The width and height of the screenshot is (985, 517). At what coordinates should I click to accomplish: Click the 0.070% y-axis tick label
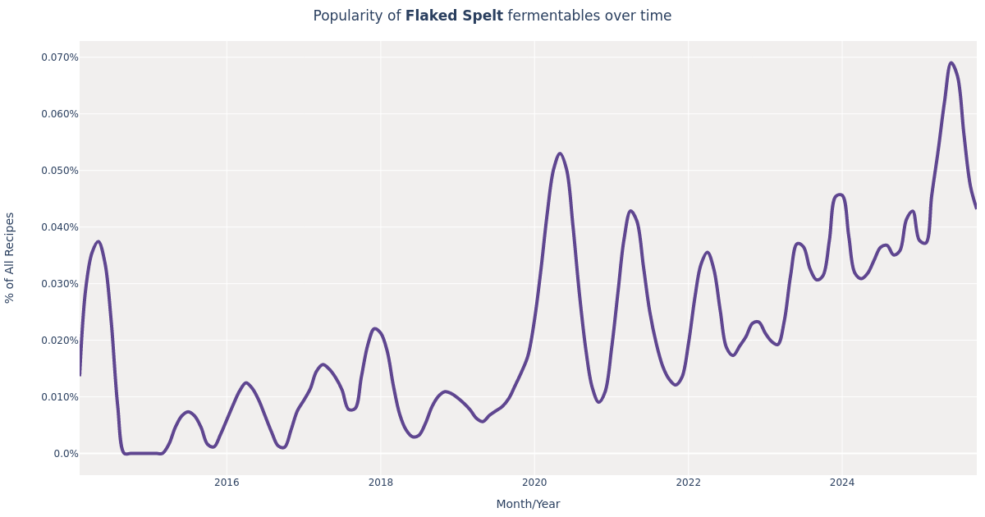[x=60, y=57]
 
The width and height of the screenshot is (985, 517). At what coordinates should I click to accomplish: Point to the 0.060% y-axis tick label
[x=60, y=114]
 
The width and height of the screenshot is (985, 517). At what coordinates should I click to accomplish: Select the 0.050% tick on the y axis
[x=60, y=171]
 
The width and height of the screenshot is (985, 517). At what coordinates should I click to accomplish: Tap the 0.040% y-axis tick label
[x=60, y=227]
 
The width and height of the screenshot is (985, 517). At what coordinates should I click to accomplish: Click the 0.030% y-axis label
[x=60, y=284]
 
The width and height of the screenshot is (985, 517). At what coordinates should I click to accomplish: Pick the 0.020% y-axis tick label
[x=60, y=341]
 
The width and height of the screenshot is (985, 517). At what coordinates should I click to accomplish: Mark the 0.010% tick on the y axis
[x=60, y=397]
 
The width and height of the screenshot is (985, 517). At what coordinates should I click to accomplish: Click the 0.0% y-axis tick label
[x=66, y=454]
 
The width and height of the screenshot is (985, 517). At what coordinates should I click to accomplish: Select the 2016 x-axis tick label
[x=227, y=483]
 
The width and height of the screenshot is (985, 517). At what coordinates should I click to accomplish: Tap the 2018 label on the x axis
[x=381, y=483]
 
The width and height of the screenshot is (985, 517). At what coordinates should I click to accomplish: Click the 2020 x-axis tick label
[x=534, y=483]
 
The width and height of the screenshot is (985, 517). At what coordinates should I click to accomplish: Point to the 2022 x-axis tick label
[x=688, y=483]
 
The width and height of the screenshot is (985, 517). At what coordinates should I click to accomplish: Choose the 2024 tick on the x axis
[x=841, y=483]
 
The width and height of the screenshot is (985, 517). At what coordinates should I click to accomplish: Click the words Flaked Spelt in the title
[x=453, y=16]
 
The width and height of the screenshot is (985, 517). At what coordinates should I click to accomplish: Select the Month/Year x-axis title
[x=528, y=505]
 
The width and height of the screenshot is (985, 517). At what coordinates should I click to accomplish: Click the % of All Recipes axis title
[x=11, y=258]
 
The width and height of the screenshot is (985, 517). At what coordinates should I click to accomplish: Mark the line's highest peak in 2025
[x=951, y=63]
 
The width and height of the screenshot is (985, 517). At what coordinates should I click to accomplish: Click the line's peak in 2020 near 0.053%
[x=560, y=153]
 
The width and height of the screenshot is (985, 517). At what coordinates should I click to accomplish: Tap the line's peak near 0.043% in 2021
[x=630, y=211]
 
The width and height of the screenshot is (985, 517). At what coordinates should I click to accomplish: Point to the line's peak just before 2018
[x=374, y=329]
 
